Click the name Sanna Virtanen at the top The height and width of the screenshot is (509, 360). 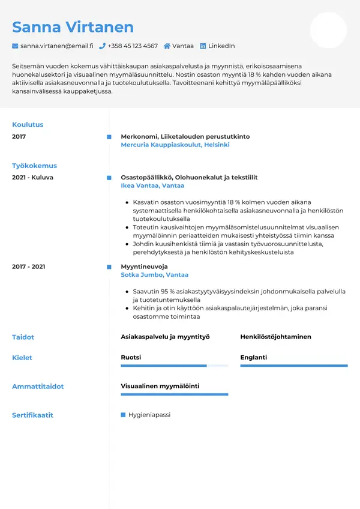click(x=73, y=27)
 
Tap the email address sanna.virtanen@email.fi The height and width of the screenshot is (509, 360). click(x=56, y=46)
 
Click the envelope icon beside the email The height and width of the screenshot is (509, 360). click(x=15, y=46)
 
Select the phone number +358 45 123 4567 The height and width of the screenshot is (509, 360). click(x=133, y=46)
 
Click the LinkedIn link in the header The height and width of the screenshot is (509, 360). click(x=221, y=46)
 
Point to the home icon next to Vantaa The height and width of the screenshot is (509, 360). click(x=166, y=46)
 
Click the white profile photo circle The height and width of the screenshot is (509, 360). click(x=328, y=30)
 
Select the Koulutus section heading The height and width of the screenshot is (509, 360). click(x=28, y=125)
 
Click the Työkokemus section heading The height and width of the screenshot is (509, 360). click(x=34, y=166)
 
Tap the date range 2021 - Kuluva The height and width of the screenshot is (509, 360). click(x=32, y=178)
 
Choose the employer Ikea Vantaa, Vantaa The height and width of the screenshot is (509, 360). click(x=152, y=186)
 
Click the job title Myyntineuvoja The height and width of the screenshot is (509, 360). click(x=144, y=267)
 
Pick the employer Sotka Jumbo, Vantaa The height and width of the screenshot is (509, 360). click(x=154, y=275)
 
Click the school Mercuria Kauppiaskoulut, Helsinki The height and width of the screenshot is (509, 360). click(x=175, y=145)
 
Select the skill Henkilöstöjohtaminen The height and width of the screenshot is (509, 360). click(x=275, y=337)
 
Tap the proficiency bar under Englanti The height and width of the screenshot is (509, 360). click(x=294, y=366)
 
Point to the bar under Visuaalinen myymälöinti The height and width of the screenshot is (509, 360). click(x=174, y=394)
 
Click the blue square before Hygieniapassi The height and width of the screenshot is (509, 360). click(x=124, y=415)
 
